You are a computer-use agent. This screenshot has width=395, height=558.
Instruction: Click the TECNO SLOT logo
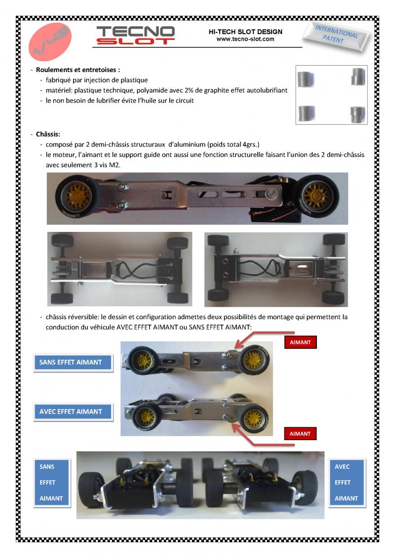coord(135,35)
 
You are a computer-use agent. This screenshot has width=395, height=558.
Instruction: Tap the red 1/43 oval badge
coord(50,41)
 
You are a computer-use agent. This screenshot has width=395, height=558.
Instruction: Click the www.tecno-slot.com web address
coord(245,39)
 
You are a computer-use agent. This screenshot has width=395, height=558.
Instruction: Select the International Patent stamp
coord(336,36)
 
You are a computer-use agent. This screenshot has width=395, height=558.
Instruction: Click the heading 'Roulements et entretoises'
coord(78,70)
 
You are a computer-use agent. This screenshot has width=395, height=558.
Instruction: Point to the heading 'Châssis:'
coord(48,134)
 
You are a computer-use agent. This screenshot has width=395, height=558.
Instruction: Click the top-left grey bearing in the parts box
coord(306,79)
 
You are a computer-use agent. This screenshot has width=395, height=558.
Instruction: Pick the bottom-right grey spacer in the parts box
coord(357,114)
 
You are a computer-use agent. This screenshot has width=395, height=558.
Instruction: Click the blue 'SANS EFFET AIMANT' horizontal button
coord(73,362)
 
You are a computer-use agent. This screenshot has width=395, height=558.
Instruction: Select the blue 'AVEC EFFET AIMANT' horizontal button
coord(73,412)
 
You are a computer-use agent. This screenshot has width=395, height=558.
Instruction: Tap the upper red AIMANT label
coord(300,342)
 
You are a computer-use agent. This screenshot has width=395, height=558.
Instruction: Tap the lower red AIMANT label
coord(300,434)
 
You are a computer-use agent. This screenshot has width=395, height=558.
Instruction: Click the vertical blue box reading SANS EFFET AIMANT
coord(52,483)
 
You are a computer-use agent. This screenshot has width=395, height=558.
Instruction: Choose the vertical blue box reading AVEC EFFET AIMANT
coord(347,483)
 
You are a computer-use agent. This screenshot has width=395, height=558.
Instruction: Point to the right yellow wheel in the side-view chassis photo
coord(317,196)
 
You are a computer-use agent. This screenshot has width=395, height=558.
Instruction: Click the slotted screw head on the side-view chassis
coord(272,193)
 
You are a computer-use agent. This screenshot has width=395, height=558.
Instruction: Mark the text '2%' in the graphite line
coord(189,90)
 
